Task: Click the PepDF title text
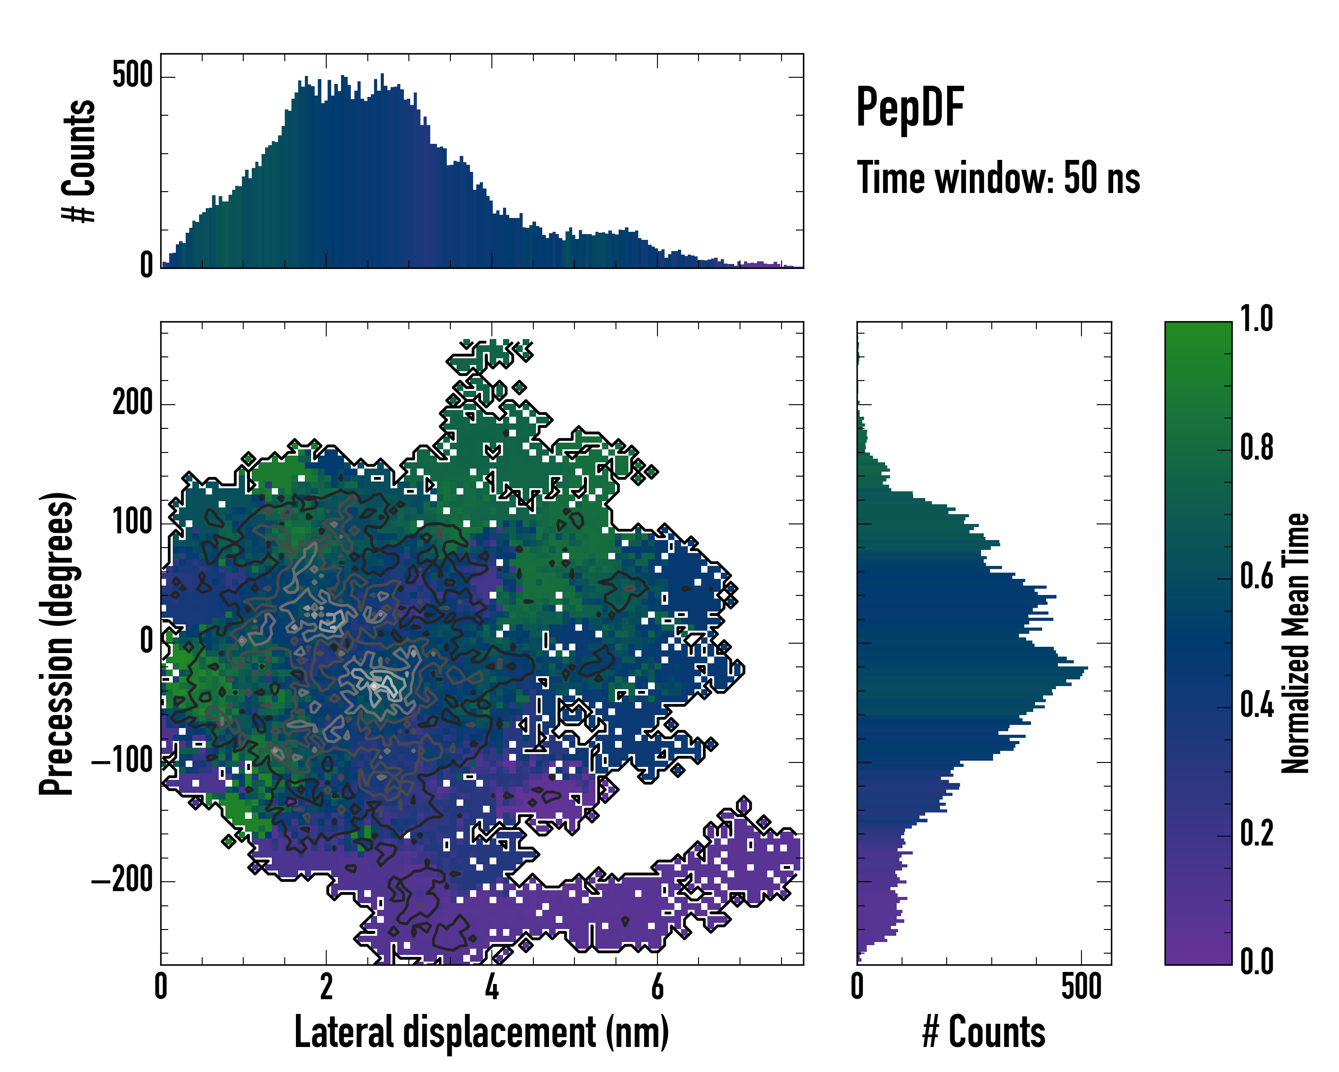click(909, 108)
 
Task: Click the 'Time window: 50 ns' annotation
click(998, 178)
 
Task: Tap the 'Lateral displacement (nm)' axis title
click(481, 1032)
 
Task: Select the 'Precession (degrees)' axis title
click(57, 643)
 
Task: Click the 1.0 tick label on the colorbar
click(1256, 319)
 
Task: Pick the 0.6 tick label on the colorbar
click(1256, 577)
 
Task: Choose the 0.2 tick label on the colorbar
click(1256, 834)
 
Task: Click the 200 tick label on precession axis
click(132, 403)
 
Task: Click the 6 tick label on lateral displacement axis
click(657, 987)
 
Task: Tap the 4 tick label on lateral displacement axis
click(492, 987)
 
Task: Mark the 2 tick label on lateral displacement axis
click(326, 987)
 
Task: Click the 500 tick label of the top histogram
click(132, 76)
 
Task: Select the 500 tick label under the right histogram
click(1081, 987)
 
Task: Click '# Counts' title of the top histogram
click(79, 161)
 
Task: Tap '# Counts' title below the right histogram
click(984, 1032)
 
